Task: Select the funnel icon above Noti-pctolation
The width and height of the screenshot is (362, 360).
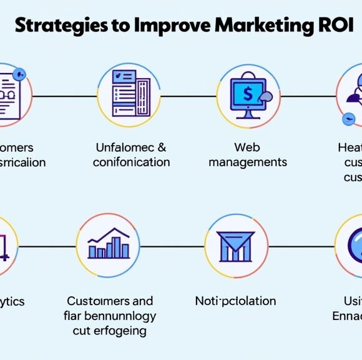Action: [235, 246]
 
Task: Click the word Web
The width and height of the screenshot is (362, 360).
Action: [247, 147]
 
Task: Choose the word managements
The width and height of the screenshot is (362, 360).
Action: [248, 162]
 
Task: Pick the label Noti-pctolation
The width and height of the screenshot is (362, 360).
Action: [235, 301]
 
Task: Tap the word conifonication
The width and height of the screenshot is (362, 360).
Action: [131, 162]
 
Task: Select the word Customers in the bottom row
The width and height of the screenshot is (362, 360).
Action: [99, 301]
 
